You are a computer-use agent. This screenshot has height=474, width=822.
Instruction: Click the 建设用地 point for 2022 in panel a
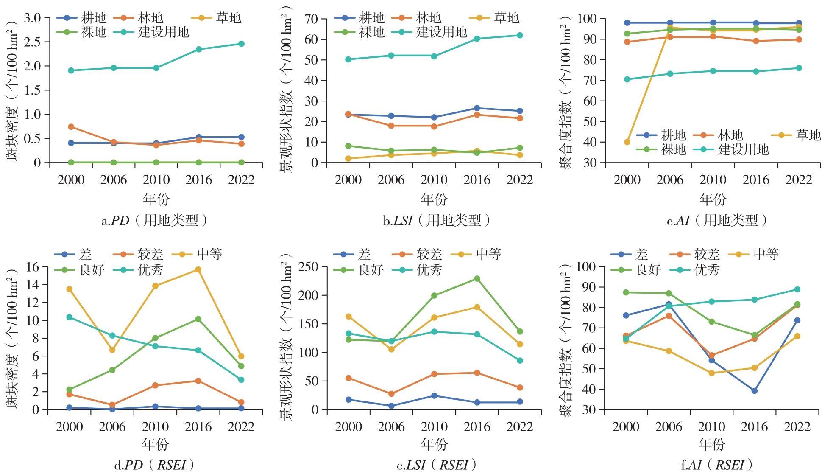(x=241, y=44)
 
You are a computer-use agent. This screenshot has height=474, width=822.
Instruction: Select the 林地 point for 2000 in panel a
(x=71, y=127)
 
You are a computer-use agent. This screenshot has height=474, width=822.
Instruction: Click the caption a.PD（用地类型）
(x=155, y=221)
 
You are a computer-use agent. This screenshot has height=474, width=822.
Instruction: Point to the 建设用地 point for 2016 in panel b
(x=477, y=39)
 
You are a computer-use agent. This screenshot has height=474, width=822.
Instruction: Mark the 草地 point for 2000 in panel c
(x=627, y=142)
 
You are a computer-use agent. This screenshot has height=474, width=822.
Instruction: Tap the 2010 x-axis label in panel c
(x=713, y=180)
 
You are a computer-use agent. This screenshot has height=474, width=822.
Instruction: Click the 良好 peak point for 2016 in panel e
(x=477, y=279)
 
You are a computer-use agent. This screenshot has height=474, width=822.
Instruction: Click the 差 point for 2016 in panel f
(x=755, y=391)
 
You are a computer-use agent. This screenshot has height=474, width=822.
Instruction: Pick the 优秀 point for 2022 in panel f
(x=797, y=289)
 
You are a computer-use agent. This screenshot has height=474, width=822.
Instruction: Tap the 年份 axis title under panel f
(x=712, y=444)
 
